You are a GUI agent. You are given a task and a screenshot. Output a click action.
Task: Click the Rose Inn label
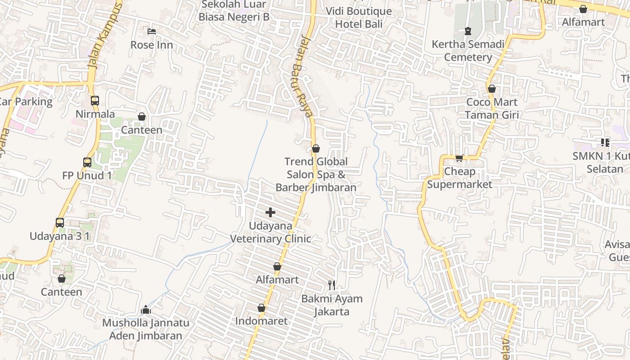point(152,45)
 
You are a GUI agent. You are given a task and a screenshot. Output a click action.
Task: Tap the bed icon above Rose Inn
point(152,31)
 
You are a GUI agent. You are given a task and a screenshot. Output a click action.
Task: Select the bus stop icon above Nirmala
point(95,101)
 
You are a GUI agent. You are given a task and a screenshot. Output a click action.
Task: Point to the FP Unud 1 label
point(87,175)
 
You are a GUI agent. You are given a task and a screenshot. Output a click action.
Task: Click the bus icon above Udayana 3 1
point(60,222)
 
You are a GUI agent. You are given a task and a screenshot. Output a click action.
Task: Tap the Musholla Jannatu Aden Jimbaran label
point(146,329)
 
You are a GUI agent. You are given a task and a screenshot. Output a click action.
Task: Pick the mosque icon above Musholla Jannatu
point(145,310)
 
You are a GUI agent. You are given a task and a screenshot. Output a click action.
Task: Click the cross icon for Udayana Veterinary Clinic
point(270,212)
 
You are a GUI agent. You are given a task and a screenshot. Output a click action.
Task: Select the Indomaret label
point(261,321)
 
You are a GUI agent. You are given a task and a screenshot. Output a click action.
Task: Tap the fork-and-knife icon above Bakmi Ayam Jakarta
point(332,285)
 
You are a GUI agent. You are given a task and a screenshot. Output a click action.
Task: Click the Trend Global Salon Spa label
point(316,174)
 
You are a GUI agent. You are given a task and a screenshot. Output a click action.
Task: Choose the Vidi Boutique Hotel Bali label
point(359,18)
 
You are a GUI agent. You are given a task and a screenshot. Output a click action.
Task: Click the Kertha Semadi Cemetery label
point(468,51)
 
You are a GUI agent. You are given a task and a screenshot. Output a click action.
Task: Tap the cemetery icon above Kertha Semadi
point(468,31)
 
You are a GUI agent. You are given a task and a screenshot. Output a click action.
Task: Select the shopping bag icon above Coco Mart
point(492,89)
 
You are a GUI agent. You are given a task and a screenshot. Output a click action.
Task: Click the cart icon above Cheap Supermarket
point(459,158)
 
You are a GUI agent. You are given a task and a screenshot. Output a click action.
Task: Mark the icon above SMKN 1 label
point(605,143)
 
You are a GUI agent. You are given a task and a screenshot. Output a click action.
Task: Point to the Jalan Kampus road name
point(105,36)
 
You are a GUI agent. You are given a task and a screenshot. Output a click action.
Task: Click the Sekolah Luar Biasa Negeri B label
point(234,11)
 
